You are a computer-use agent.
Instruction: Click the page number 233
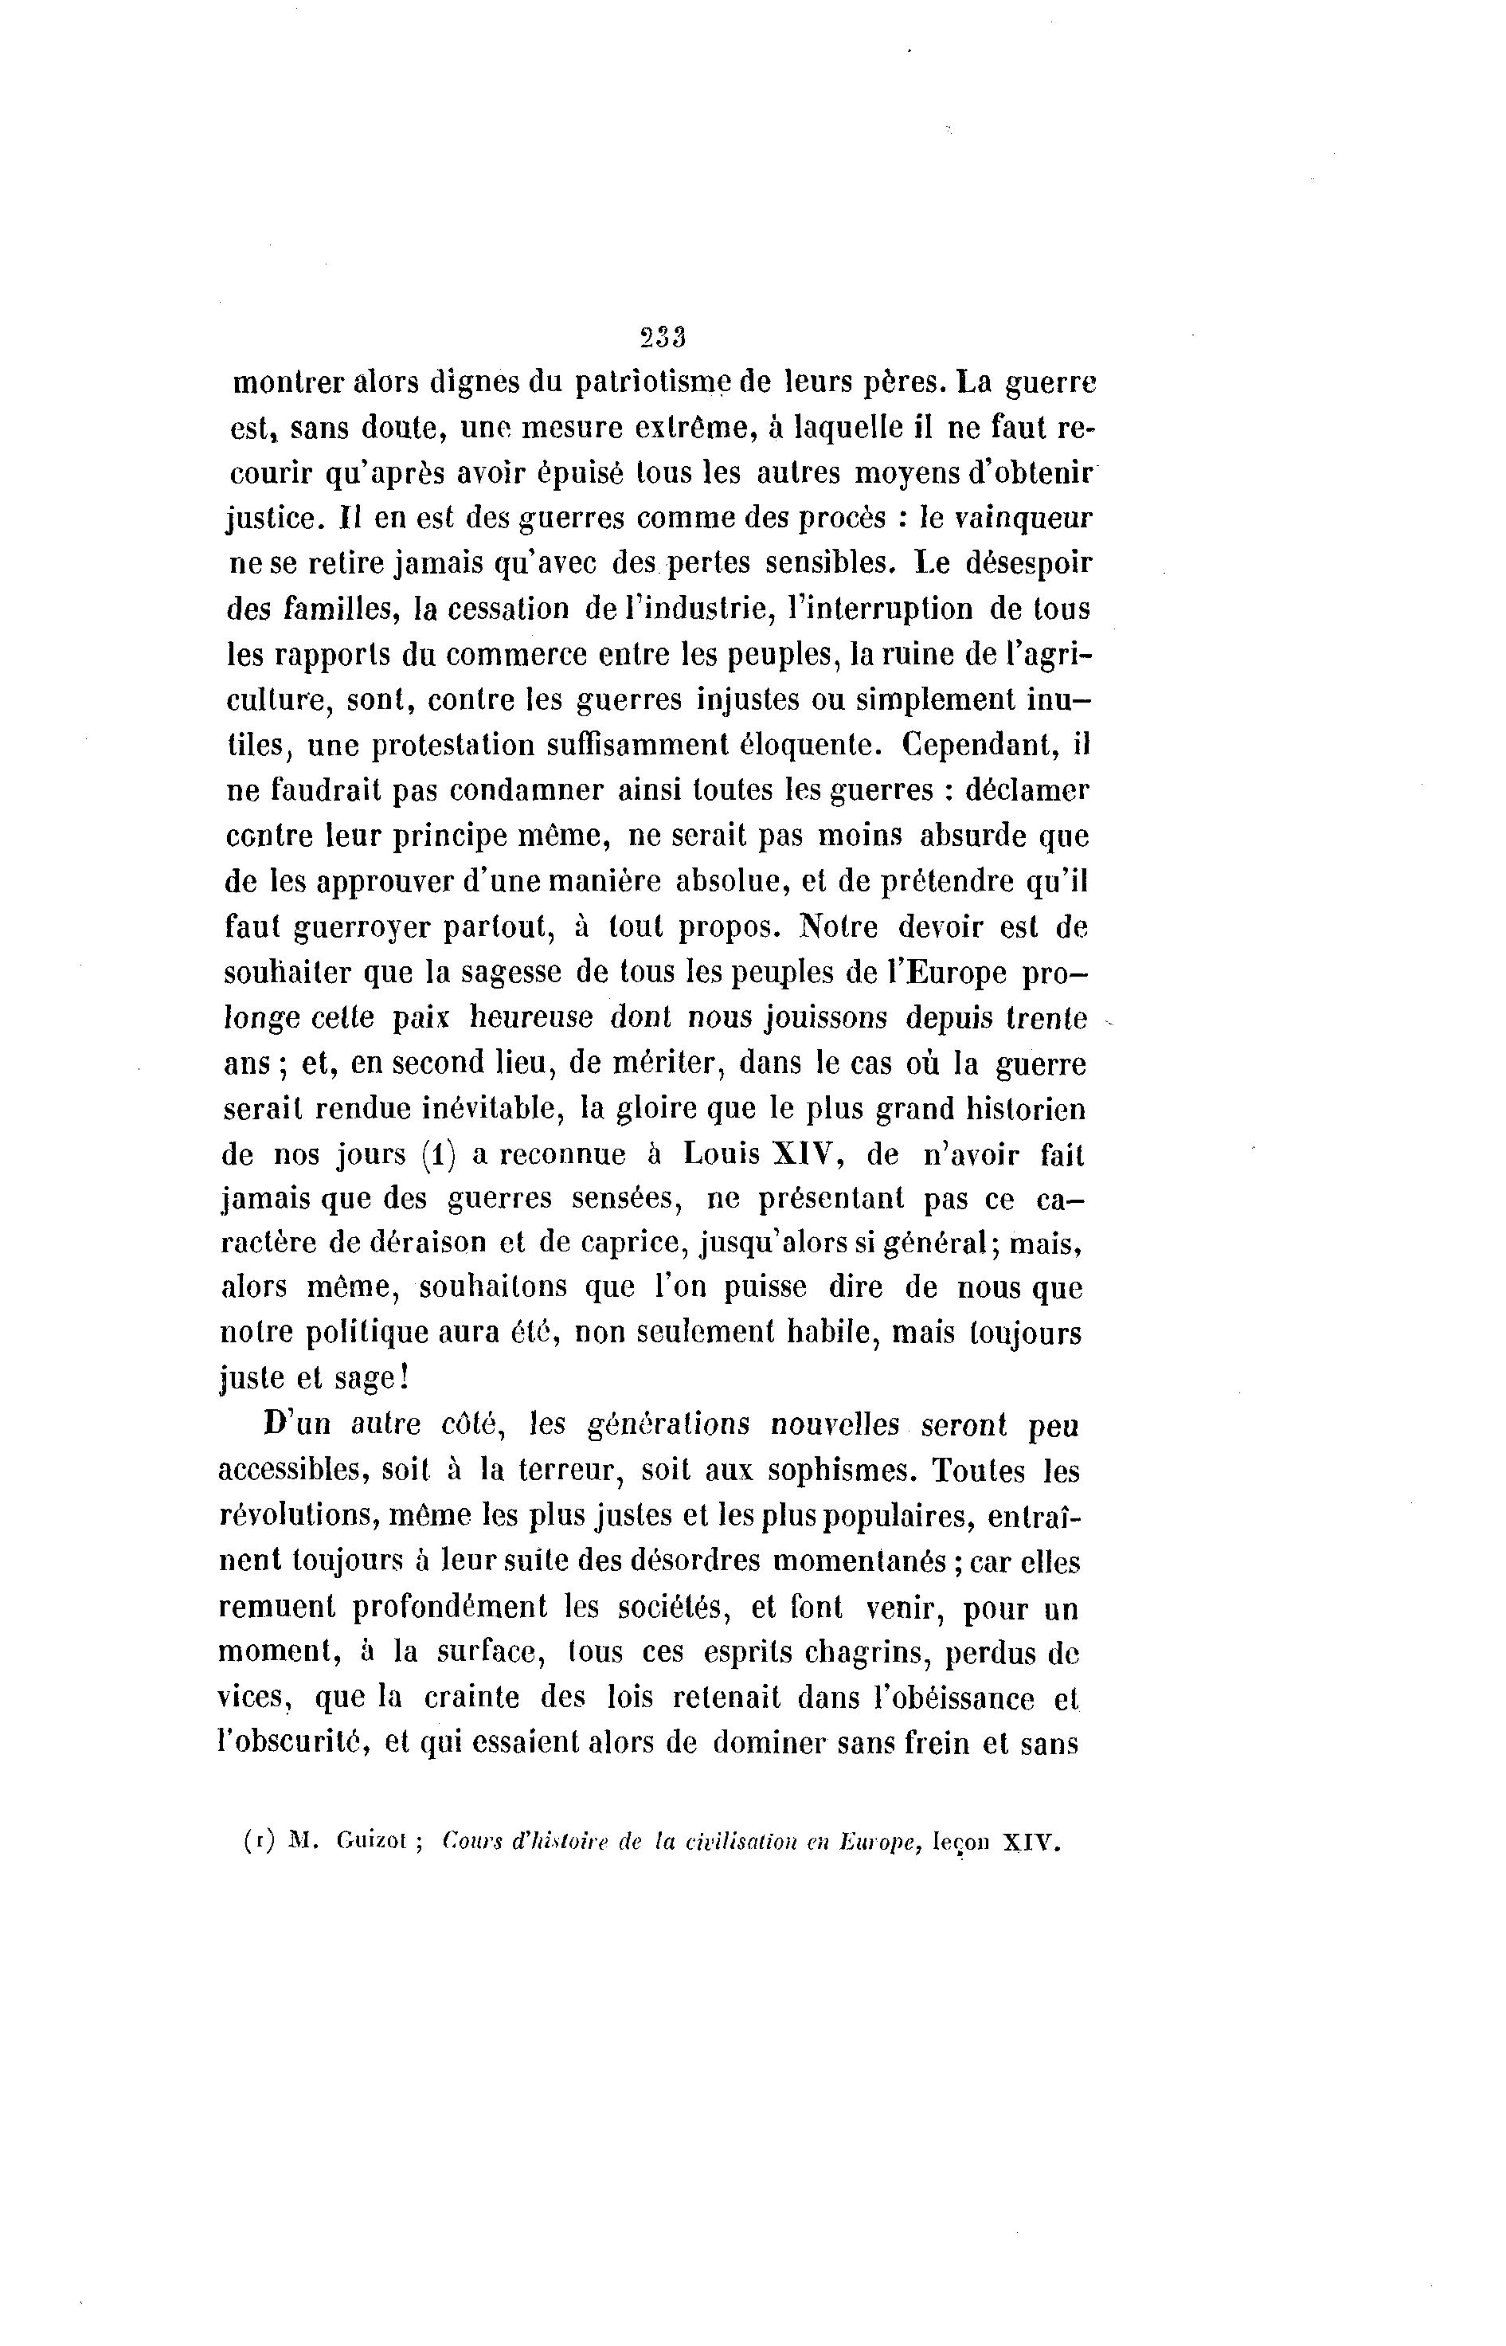coord(663,338)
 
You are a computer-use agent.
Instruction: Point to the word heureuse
coord(532,1018)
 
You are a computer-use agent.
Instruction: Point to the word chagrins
coord(866,1654)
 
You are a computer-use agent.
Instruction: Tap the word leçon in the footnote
coord(961,1843)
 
